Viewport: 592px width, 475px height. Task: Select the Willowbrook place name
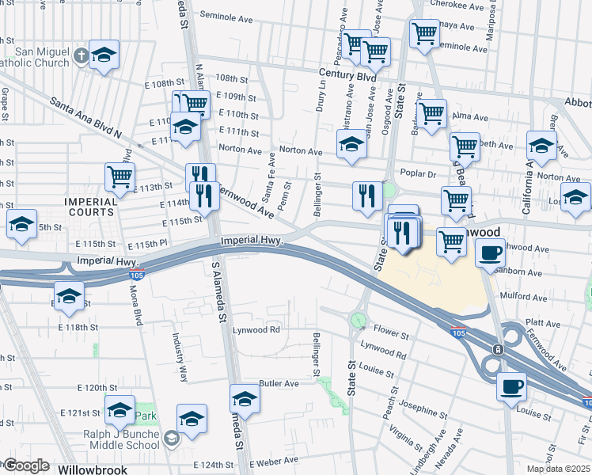[93, 469]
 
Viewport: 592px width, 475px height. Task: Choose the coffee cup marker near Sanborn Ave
[490, 253]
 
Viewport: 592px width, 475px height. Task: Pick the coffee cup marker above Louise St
[511, 386]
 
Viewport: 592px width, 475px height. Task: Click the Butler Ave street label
[279, 383]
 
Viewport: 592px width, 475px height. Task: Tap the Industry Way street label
[181, 357]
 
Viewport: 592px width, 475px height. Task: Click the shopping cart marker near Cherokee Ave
[425, 33]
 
